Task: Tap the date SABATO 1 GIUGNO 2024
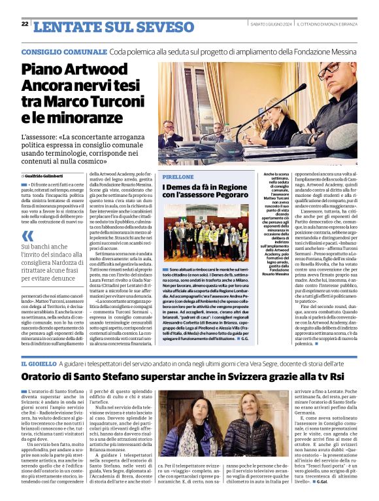point(271,24)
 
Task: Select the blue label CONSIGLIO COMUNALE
point(63,50)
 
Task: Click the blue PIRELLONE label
point(178,177)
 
